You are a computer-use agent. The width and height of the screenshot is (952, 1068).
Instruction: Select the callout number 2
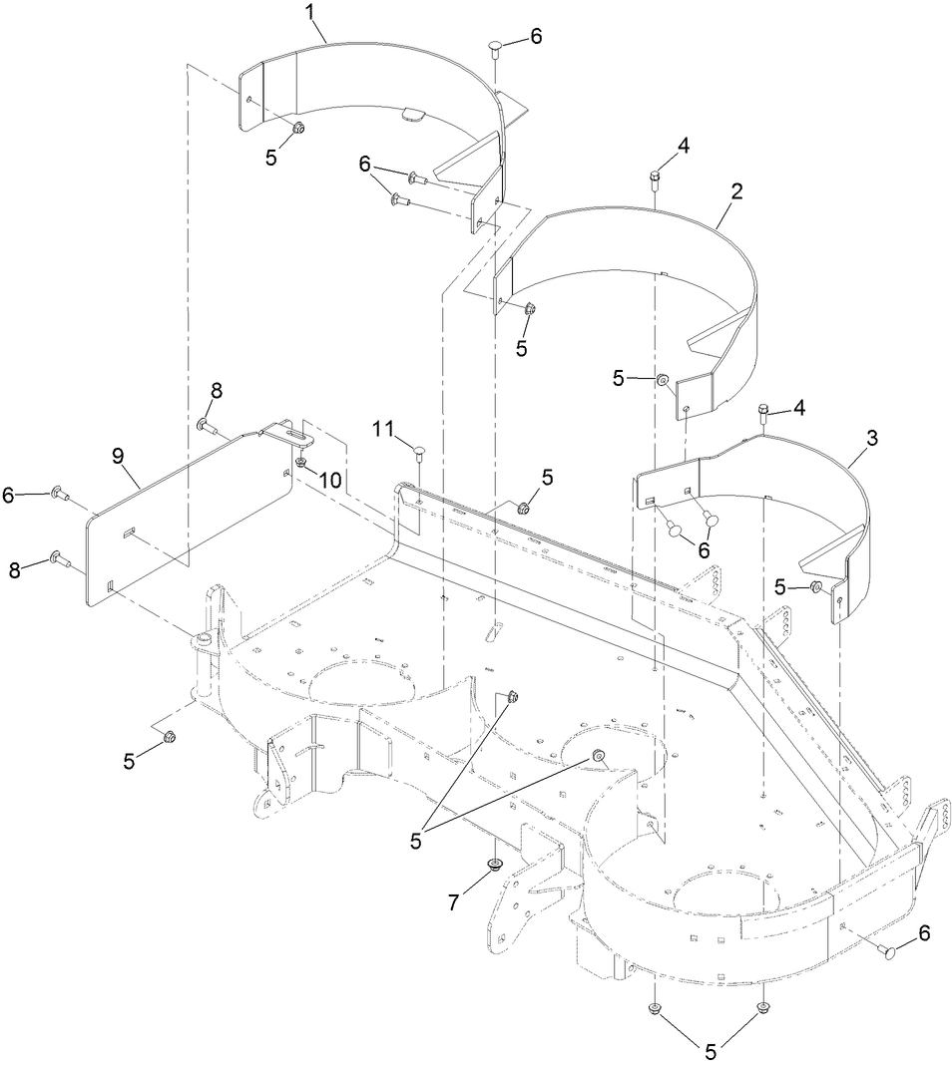(735, 192)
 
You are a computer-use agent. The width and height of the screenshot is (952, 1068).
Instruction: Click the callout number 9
(118, 457)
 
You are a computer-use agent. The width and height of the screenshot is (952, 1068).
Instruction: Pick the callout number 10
(329, 480)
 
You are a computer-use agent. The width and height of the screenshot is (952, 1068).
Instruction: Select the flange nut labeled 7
(493, 864)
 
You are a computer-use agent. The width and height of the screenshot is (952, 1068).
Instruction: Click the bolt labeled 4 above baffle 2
(655, 178)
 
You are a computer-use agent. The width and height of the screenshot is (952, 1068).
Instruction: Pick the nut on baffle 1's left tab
(297, 127)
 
